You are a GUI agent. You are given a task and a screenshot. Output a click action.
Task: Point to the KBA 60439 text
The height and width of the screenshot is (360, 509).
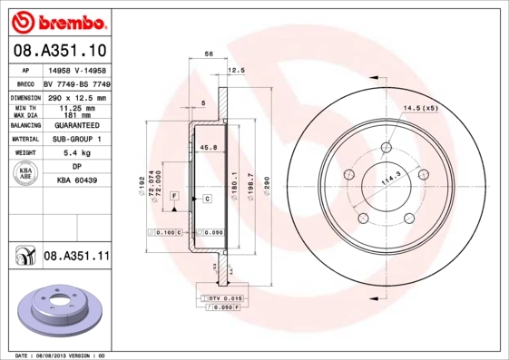76,180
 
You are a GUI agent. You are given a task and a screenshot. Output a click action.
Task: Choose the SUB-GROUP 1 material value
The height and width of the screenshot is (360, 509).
76,140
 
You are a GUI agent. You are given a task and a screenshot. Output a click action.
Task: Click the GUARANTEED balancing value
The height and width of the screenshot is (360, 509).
76,125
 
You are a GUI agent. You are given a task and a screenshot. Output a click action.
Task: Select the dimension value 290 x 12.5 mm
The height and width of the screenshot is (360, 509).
76,97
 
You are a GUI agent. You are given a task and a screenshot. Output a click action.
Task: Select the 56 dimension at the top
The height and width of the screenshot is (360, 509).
209,55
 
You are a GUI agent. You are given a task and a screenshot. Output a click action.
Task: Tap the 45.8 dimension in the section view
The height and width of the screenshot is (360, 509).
208,147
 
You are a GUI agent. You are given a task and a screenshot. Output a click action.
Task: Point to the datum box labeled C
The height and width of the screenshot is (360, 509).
207,198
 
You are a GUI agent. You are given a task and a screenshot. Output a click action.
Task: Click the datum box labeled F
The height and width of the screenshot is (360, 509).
173,197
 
